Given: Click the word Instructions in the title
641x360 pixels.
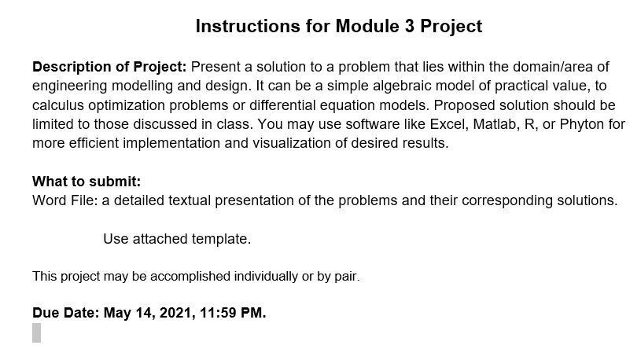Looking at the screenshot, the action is (x=248, y=26).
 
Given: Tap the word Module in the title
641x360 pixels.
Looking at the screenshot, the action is (x=367, y=26).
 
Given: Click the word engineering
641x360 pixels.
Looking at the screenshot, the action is (x=70, y=86).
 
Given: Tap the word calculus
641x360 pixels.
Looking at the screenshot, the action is (x=58, y=105).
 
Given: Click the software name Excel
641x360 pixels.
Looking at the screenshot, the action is (x=449, y=124).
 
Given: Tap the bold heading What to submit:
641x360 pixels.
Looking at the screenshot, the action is (x=87, y=182).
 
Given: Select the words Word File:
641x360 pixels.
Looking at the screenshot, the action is (x=65, y=200).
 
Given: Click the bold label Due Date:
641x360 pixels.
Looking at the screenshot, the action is (x=66, y=313).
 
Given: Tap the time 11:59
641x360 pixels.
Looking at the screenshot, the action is (x=219, y=313).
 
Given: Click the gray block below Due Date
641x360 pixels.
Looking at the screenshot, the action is (x=36, y=332).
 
